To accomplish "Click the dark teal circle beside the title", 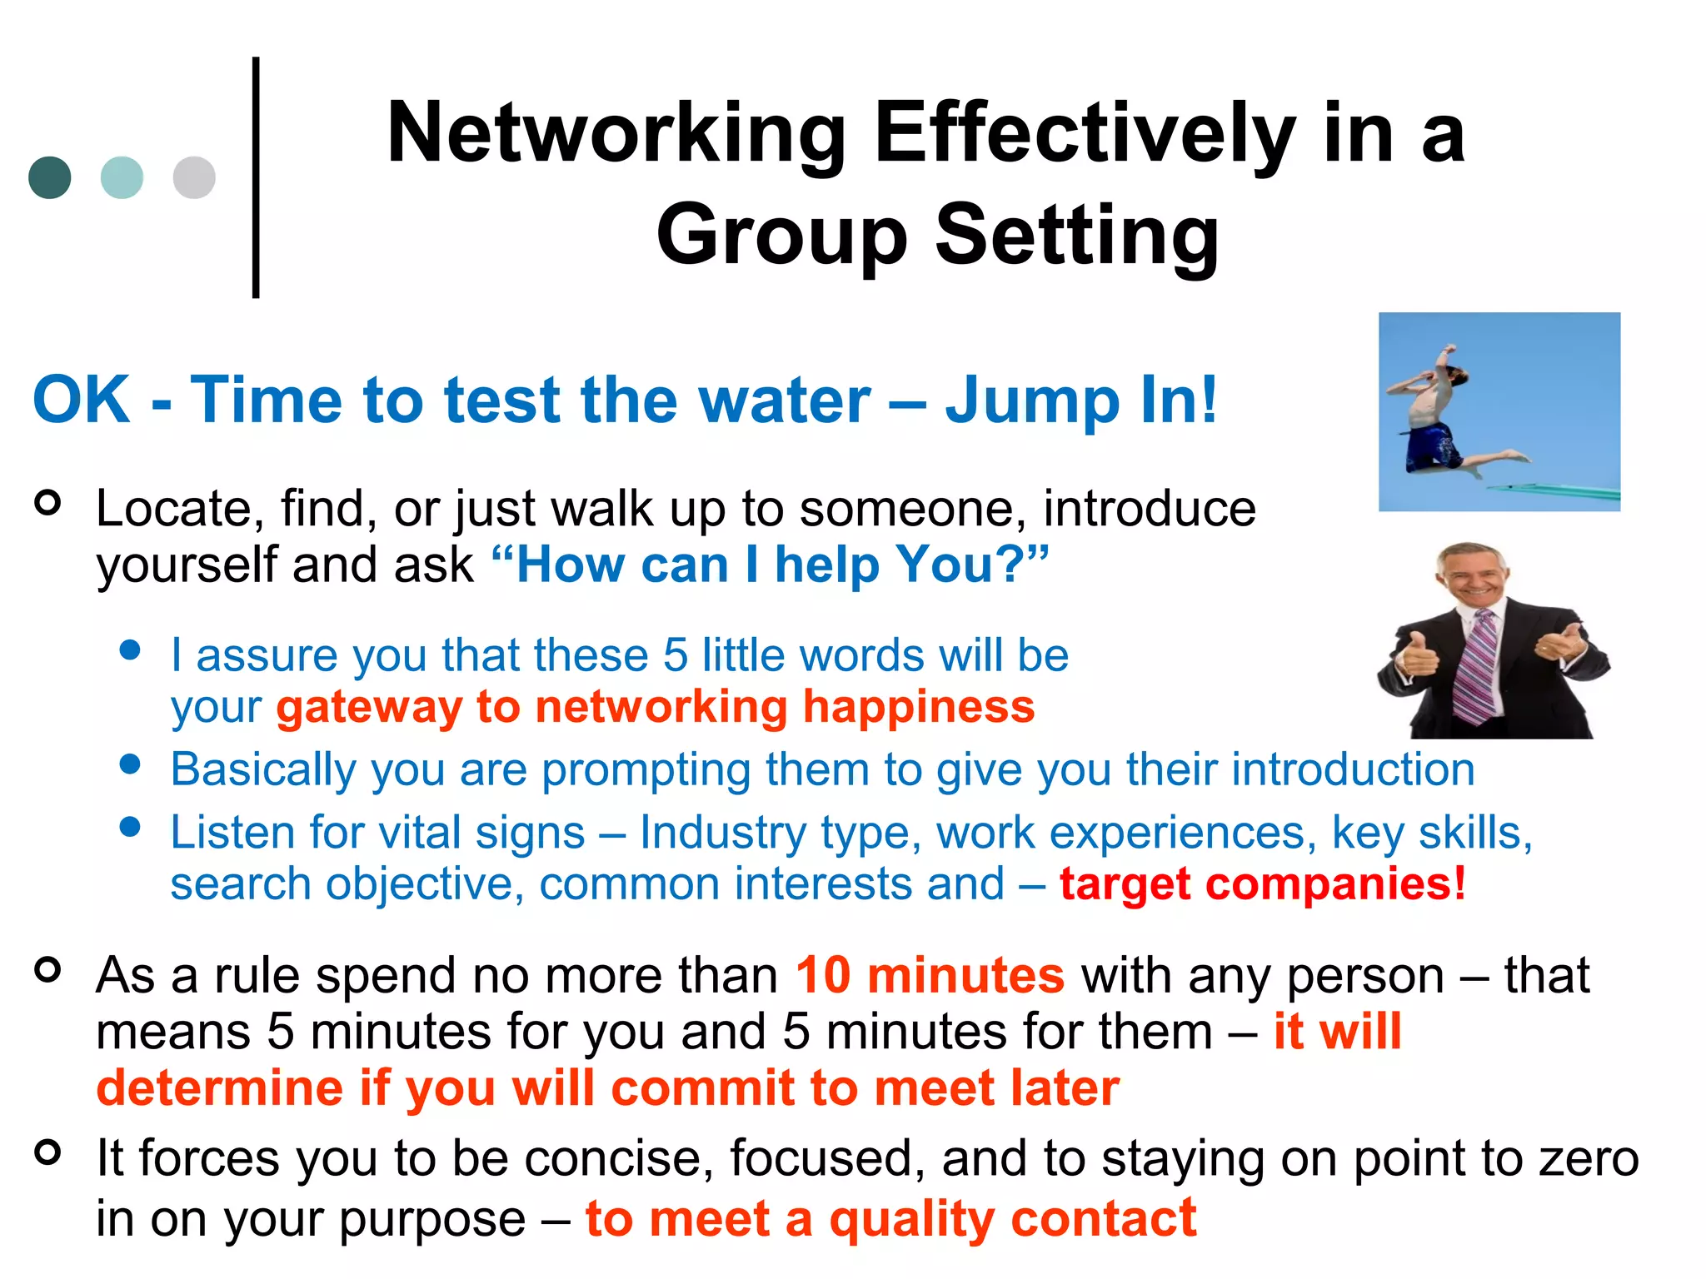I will pyautogui.click(x=50, y=177).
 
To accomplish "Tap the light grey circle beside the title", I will pyautogui.click(x=194, y=177).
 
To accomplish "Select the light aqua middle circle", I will pyautogui.click(x=122, y=177).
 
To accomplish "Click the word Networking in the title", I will pyautogui.click(x=617, y=133).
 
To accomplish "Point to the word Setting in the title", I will pyautogui.click(x=1077, y=236).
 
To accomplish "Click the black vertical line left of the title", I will pyautogui.click(x=256, y=177).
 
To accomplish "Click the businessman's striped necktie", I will pyautogui.click(x=1477, y=666).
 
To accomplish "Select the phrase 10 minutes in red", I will pyautogui.click(x=930, y=975).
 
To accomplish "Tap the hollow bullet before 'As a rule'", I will pyautogui.click(x=48, y=969).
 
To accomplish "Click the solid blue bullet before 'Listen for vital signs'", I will pyautogui.click(x=130, y=826).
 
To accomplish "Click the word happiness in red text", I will pyautogui.click(x=918, y=708).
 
